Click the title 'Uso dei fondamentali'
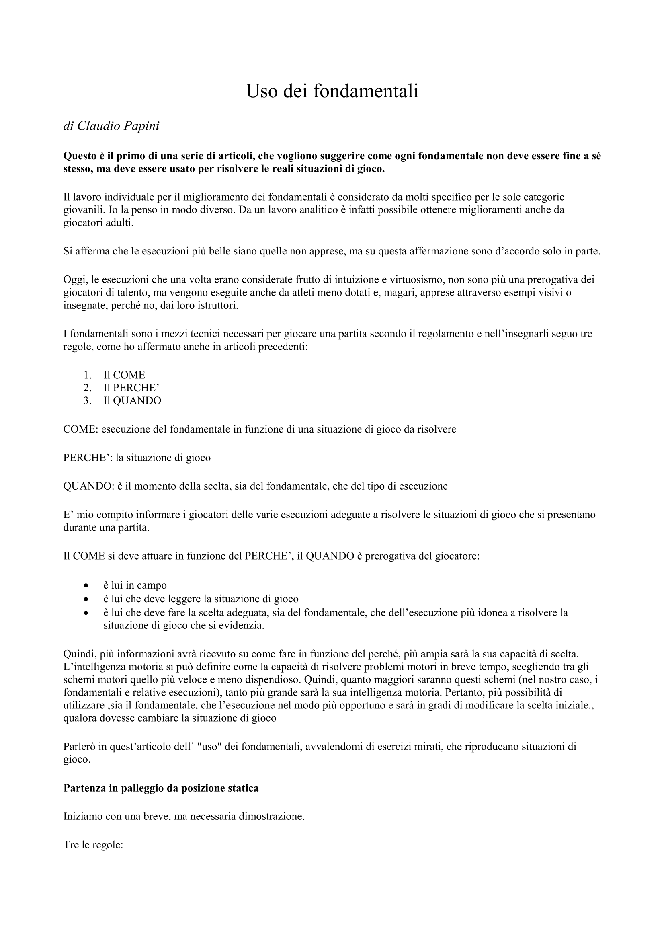pos(332,91)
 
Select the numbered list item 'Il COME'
pos(124,375)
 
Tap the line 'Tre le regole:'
pos(93,845)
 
